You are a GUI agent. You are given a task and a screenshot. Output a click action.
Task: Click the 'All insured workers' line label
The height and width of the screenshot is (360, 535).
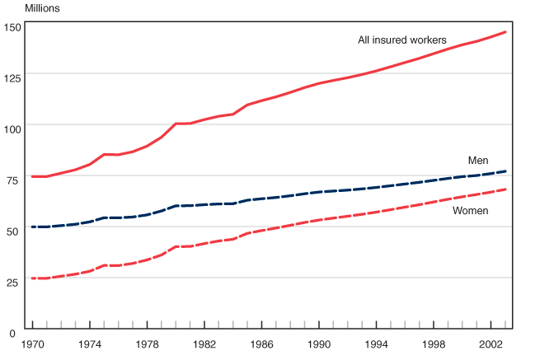click(402, 40)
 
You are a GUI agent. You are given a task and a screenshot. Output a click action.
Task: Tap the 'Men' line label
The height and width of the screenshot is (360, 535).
click(479, 159)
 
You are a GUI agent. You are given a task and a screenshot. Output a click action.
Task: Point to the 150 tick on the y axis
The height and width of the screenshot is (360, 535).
click(12, 28)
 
